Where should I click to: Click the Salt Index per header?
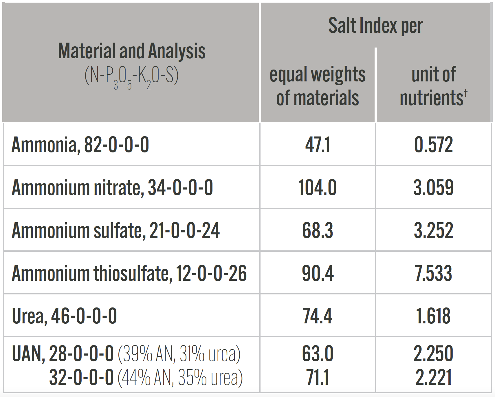375,26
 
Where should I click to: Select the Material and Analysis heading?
132,51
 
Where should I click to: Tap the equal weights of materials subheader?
318,86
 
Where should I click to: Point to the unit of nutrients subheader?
433,86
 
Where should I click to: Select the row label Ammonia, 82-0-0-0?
80,145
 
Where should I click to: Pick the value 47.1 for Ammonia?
318,145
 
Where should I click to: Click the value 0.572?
433,145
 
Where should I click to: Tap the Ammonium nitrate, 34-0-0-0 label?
112,187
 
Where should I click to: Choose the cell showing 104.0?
318,187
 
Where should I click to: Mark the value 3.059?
433,187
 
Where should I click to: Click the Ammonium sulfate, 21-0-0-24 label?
115,230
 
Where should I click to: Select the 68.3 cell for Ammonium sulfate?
318,230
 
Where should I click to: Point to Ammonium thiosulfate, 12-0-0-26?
129,273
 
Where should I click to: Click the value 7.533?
433,273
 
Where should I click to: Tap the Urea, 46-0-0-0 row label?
64,316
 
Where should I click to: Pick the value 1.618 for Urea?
433,316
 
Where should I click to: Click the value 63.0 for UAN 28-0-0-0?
318,354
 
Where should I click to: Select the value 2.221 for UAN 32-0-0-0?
433,378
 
